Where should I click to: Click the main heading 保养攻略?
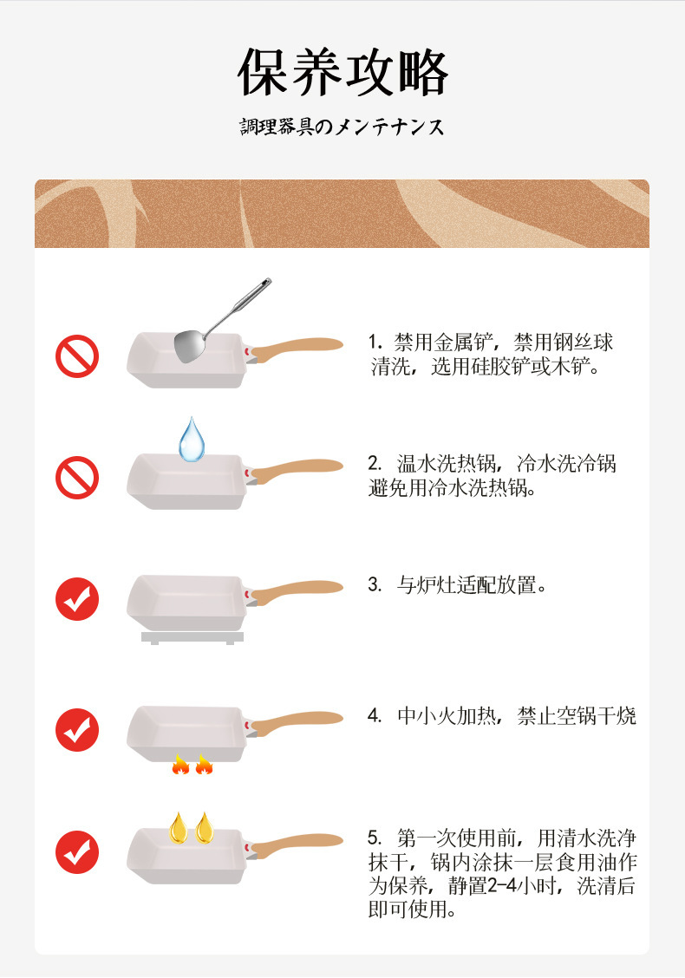coord(342,73)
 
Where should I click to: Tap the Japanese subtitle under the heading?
coord(342,127)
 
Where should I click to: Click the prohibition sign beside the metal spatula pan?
coord(77,356)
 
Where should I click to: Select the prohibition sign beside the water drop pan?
coord(77,478)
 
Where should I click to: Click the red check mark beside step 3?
coord(77,599)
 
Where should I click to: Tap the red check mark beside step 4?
coord(77,729)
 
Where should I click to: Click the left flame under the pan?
coord(180,764)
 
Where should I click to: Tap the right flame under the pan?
coord(204,764)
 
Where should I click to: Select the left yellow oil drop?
coord(179,828)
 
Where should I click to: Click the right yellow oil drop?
coord(204,828)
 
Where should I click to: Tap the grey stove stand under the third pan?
coord(192,638)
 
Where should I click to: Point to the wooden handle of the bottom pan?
coord(299,840)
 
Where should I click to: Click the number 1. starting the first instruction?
coord(375,342)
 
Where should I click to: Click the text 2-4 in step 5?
coord(494,886)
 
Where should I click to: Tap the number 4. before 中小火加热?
coord(375,717)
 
